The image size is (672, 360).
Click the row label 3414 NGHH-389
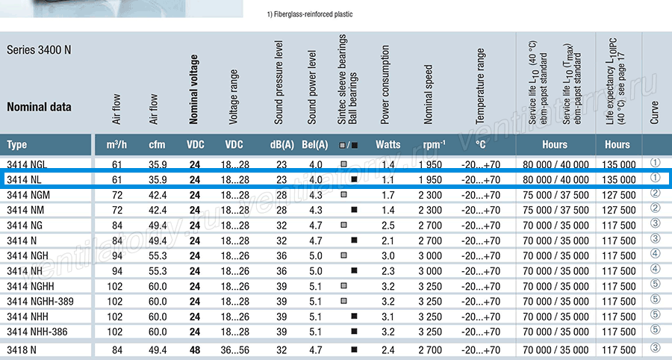[x=40, y=302]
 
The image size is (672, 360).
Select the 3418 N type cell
[x=22, y=350]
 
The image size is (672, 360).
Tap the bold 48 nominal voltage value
[x=195, y=350]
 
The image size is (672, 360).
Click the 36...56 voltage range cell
[x=235, y=350]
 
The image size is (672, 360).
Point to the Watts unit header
[x=388, y=145]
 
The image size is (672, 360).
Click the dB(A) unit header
[x=282, y=145]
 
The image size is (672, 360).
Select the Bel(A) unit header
[x=315, y=145]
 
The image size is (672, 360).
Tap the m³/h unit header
[x=116, y=145]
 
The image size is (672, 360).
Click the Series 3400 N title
[x=39, y=50]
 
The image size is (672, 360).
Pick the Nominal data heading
[x=39, y=107]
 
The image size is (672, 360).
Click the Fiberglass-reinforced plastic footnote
[x=310, y=14]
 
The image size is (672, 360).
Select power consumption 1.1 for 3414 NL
[x=388, y=180]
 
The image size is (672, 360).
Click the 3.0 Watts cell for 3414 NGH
[x=388, y=256]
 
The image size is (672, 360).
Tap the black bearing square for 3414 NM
[x=354, y=210]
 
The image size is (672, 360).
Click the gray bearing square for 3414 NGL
[x=343, y=164]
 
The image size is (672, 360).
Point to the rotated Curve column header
[x=654, y=113]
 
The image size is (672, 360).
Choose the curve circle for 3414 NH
[x=656, y=269]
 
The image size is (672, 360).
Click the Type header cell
[x=16, y=145]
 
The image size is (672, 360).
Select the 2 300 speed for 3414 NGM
[x=430, y=195]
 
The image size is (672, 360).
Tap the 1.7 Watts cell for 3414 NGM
[x=388, y=195]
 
